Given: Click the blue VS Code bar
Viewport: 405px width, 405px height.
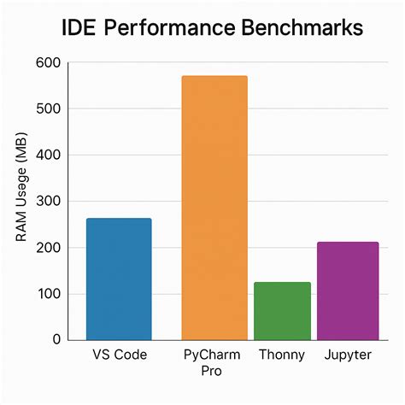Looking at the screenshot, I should point(119,279).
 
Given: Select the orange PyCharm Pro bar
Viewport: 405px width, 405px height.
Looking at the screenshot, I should point(214,208).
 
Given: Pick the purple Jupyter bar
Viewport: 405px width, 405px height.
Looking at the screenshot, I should point(348,291).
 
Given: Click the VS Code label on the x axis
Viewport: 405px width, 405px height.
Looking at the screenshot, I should point(119,354).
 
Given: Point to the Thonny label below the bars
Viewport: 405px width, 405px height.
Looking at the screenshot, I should point(282,354).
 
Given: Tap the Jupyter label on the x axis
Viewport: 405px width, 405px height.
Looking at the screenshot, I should point(348,354).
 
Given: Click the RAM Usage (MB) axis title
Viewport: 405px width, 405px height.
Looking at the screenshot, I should point(23,201).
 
